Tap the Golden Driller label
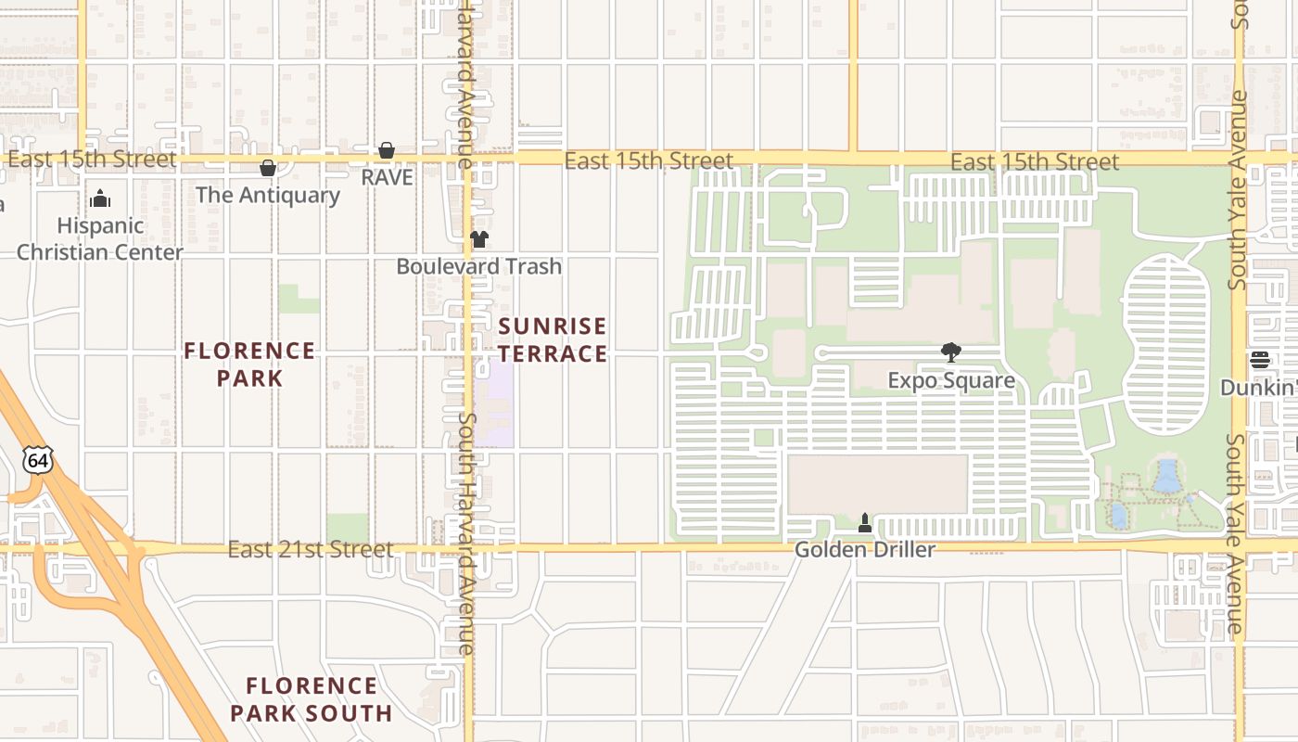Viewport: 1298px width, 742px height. (864, 549)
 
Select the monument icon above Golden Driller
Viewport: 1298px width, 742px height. (865, 523)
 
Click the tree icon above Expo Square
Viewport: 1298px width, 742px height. (950, 352)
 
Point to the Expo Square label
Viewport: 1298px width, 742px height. (950, 381)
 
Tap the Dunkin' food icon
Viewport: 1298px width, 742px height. (1259, 360)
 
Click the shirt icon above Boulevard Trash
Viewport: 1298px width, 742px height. (478, 239)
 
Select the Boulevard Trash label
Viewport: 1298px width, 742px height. (478, 266)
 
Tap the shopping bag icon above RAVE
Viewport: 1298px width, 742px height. (387, 150)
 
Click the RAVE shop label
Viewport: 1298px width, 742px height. (387, 177)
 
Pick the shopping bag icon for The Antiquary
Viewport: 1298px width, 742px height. (268, 168)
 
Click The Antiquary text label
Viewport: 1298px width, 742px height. (268, 195)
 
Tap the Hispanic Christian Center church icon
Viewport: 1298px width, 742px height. (100, 198)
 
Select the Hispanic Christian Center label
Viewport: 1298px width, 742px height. (100, 238)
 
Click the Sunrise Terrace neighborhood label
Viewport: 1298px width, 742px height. (553, 339)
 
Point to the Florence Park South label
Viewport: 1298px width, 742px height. (312, 699)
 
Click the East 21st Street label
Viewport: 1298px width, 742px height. (311, 550)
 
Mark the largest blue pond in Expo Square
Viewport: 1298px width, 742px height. (1166, 476)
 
